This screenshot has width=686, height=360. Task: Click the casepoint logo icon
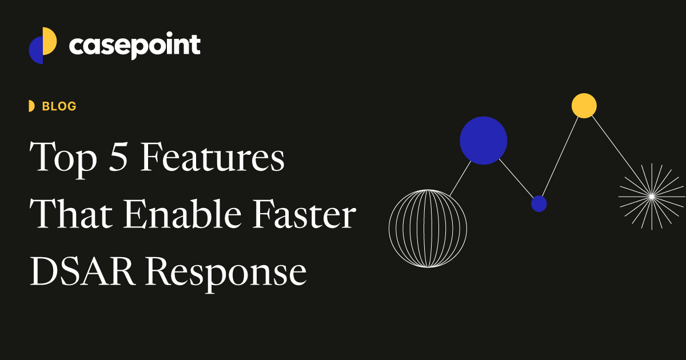(x=43, y=45)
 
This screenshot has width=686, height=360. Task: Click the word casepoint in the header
(x=134, y=45)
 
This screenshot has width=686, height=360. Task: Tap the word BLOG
(x=59, y=106)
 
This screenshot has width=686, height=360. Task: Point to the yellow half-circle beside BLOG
(x=31, y=106)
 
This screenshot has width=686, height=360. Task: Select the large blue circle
(x=484, y=141)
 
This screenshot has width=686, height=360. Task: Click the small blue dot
(x=539, y=203)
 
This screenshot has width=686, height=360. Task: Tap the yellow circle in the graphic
(x=584, y=106)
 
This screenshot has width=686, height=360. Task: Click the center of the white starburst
(x=651, y=197)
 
